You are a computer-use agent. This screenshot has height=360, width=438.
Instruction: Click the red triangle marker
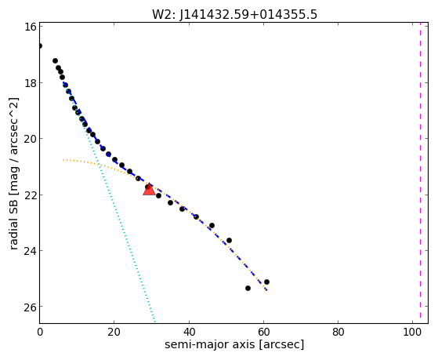pos(149,189)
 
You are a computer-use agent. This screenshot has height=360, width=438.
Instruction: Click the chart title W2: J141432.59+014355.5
pos(234,14)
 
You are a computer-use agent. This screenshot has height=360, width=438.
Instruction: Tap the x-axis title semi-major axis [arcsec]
pos(234,344)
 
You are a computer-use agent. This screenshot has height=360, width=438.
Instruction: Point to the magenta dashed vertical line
pos(420,173)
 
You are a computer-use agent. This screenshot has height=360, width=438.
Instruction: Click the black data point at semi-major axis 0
pos(40,45)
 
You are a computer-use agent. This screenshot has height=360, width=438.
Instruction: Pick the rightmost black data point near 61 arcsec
pos(266,282)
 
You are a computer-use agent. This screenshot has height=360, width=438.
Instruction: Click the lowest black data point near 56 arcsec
pos(248,288)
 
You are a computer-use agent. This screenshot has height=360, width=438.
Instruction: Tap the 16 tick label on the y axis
pos(30,27)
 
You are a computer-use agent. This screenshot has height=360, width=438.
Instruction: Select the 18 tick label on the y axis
pos(30,83)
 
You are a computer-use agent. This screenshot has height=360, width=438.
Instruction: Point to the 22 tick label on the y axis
pos(30,195)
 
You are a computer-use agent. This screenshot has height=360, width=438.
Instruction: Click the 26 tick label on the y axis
pos(30,307)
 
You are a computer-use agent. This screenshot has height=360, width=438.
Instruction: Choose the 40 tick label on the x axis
pos(189,332)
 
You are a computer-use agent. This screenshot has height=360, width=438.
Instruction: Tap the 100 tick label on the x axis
pos(412,332)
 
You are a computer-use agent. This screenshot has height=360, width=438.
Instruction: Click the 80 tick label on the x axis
pos(338,332)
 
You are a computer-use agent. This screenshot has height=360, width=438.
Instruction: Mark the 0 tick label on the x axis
pos(40,332)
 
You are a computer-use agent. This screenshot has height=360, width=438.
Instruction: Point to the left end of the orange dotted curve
pos(63,160)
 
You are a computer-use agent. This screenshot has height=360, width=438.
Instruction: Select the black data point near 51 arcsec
pos(229,240)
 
